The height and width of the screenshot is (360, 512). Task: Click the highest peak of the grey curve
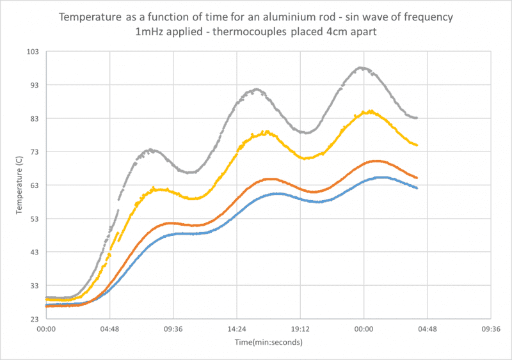(362, 68)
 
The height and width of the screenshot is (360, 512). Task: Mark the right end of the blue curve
(417, 188)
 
